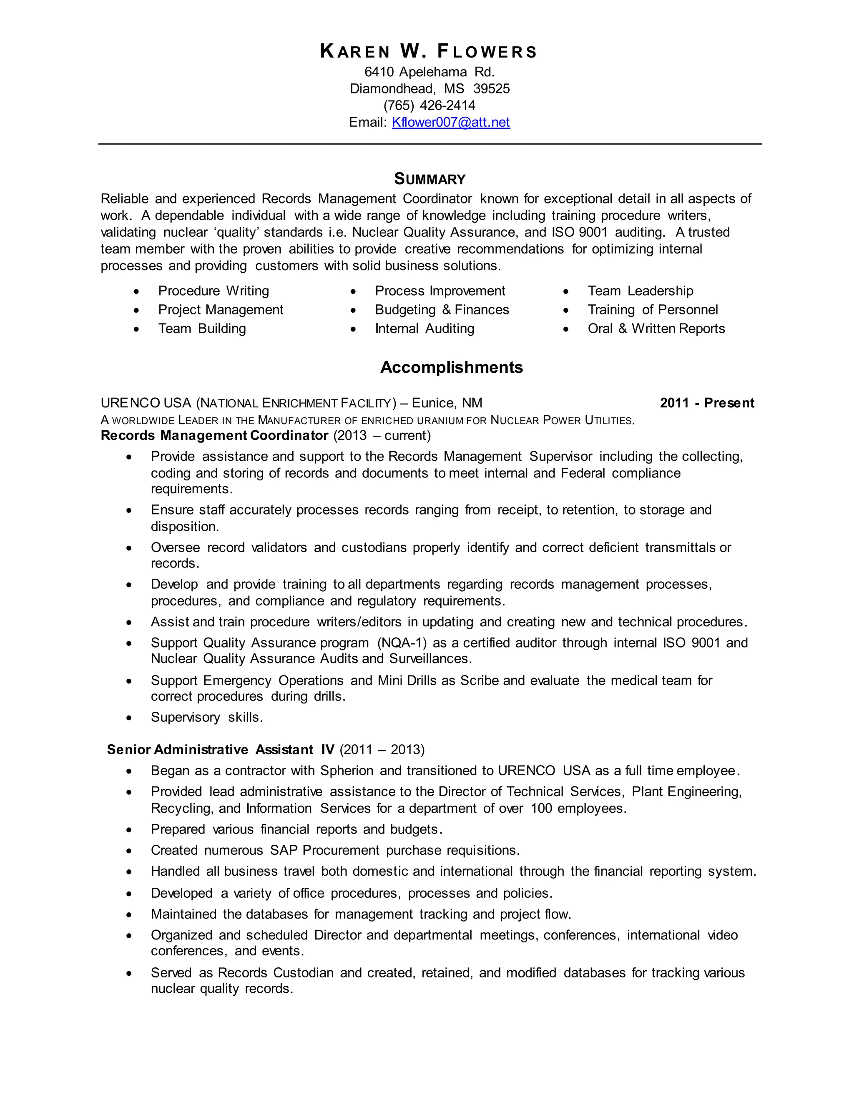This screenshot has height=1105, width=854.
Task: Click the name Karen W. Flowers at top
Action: (429, 52)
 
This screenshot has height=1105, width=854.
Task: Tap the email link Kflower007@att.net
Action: (451, 123)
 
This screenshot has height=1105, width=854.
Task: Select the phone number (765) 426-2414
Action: (429, 105)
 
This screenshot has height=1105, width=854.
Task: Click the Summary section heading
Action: (430, 179)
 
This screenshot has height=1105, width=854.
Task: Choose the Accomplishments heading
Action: (451, 367)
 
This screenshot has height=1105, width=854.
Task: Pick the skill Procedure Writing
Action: (213, 291)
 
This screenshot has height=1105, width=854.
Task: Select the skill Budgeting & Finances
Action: (442, 310)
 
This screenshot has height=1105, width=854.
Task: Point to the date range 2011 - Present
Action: (707, 403)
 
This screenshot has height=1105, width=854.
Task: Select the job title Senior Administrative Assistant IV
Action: (221, 749)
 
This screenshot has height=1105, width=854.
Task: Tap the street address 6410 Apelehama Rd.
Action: (429, 72)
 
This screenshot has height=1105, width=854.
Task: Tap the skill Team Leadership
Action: (640, 291)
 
